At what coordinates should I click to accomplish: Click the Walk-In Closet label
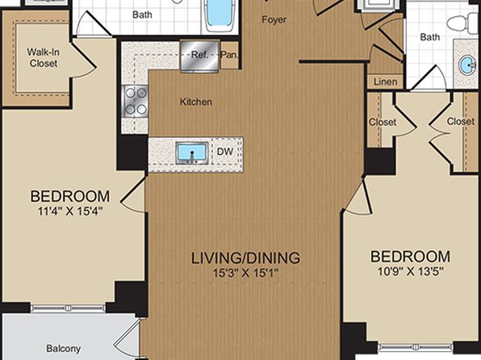coord(44,57)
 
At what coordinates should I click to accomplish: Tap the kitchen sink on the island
coord(192,153)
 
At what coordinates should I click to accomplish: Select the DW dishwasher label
coord(225,152)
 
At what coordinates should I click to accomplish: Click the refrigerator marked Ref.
coord(199,56)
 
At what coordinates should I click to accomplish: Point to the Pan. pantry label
coord(229,55)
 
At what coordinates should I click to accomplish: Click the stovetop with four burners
coord(136,101)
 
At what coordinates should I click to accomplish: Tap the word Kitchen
coord(196,102)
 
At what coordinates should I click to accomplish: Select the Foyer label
coord(274,19)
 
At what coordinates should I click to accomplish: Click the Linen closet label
coord(385,82)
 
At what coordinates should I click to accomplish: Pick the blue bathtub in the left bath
coord(220,15)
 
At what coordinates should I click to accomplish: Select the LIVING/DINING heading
coord(245,258)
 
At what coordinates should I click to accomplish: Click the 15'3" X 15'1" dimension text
coord(245,273)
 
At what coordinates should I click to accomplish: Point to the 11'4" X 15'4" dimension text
coord(70,211)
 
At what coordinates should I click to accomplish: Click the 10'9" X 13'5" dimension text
coord(411,271)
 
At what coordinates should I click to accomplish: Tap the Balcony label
coord(64,349)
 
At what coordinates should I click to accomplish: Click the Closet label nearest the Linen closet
coord(383,122)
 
